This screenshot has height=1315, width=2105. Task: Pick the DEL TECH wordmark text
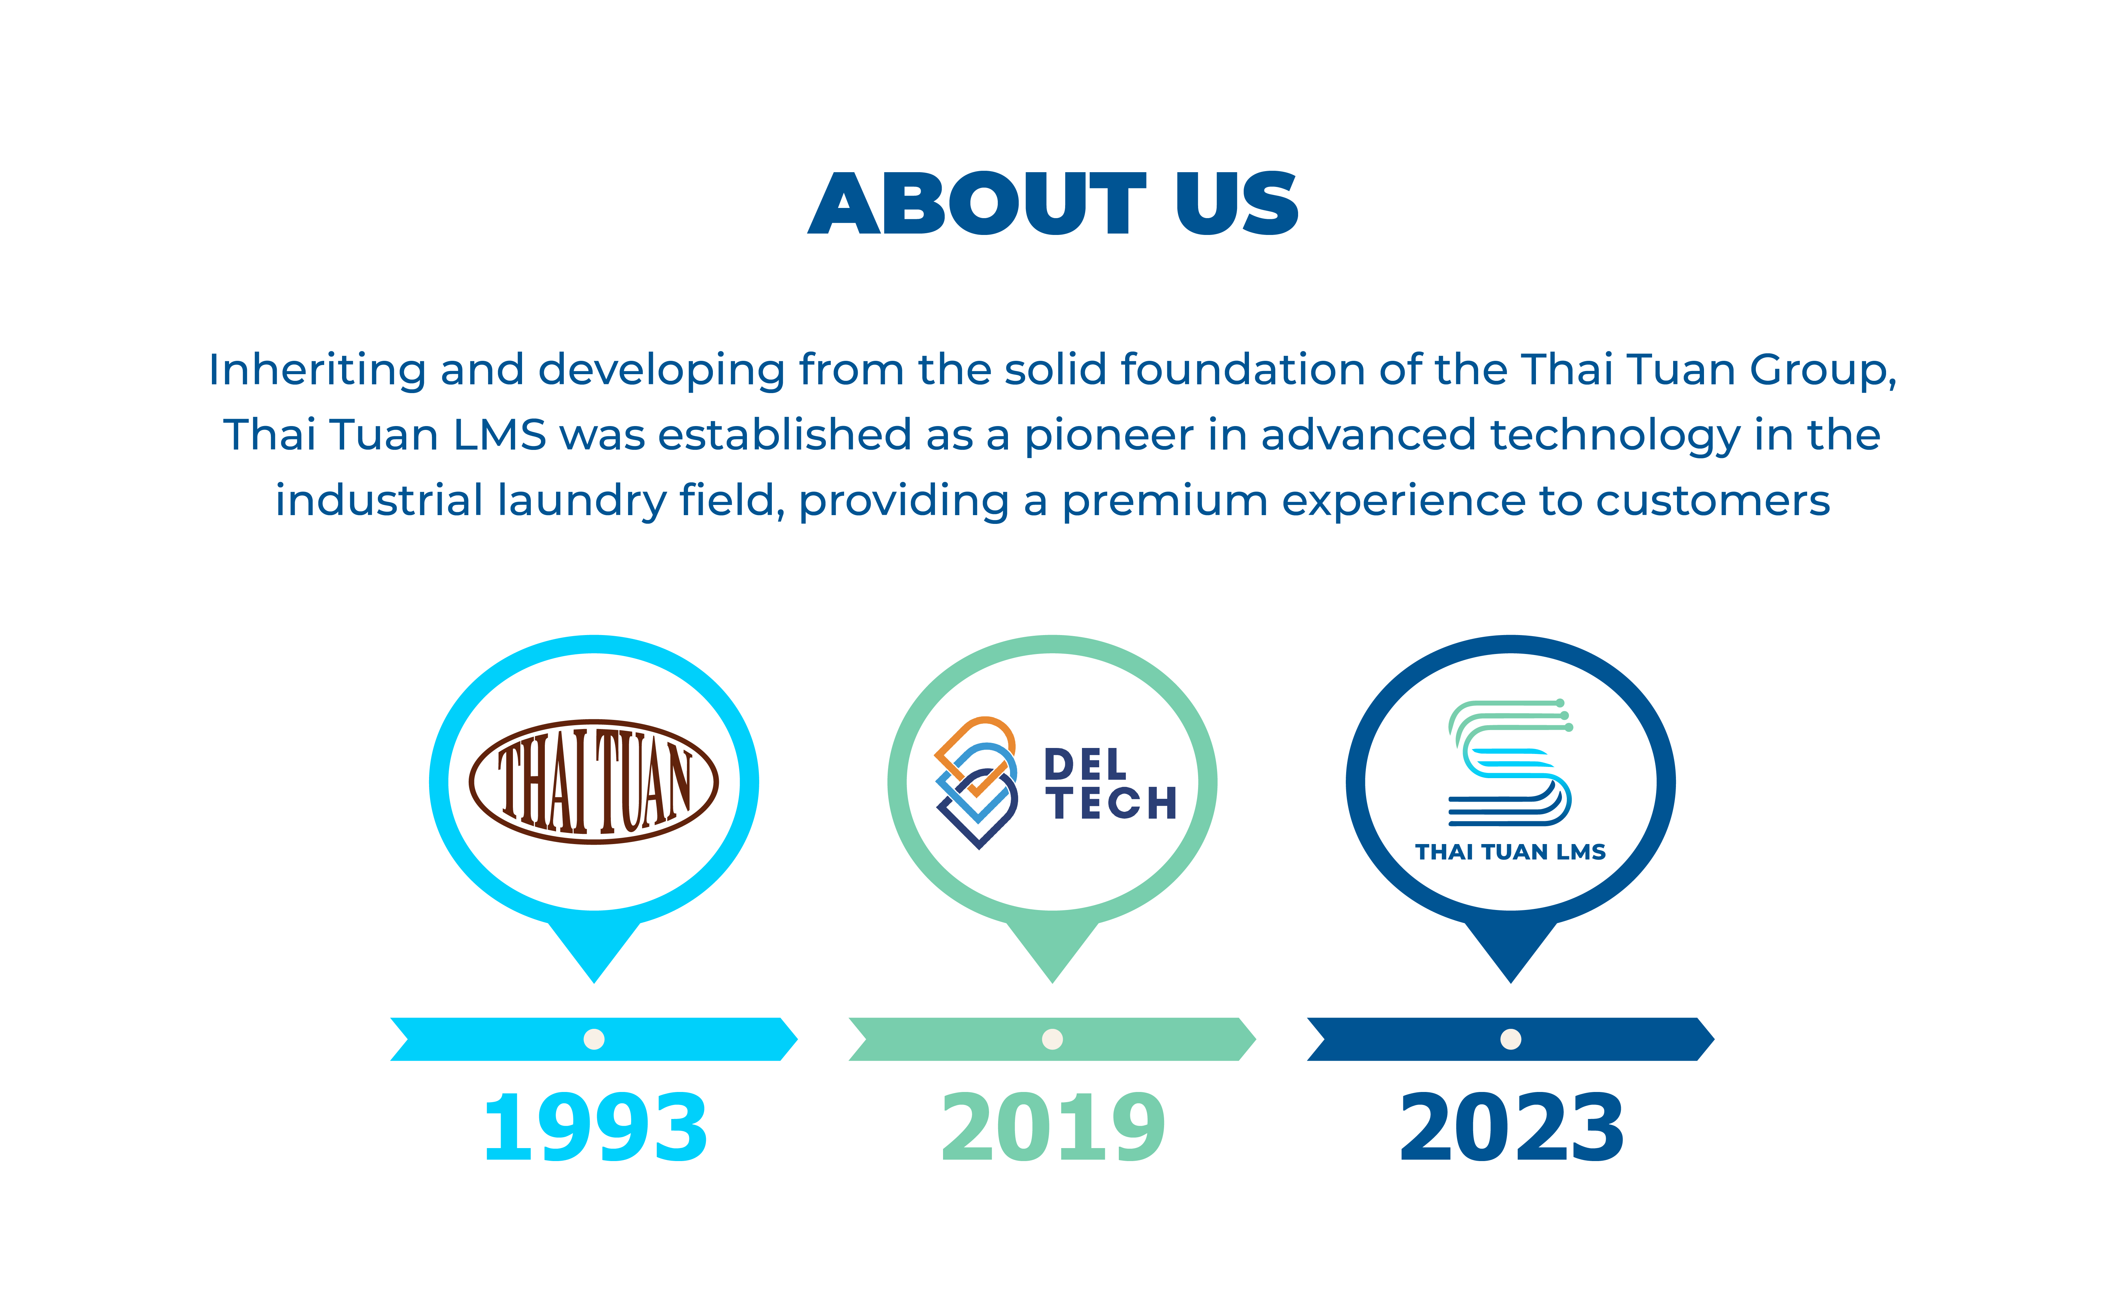tap(1110, 784)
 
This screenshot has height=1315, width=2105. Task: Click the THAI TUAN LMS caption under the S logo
tap(1510, 852)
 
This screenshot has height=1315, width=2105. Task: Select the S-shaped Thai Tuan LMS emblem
tap(1510, 762)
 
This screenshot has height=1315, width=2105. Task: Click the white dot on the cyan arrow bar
tap(594, 1039)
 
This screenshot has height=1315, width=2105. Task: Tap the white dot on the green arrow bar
tap(1052, 1039)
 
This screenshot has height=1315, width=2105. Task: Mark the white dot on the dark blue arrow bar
tap(1511, 1039)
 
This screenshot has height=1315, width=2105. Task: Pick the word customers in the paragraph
tap(1713, 501)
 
